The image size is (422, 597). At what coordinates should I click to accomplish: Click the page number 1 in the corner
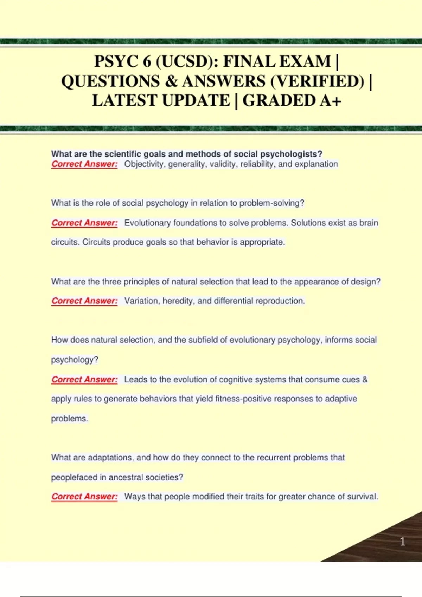pyautogui.click(x=403, y=542)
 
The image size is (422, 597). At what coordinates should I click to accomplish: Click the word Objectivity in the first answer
pyautogui.click(x=145, y=164)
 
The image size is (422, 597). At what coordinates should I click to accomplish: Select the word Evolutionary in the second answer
pyautogui.click(x=147, y=223)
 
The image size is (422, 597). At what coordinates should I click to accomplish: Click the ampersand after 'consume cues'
pyautogui.click(x=365, y=380)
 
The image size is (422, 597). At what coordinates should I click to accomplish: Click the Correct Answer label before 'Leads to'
pyautogui.click(x=84, y=380)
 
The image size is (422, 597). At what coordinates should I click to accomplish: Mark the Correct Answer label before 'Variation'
pyautogui.click(x=84, y=301)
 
